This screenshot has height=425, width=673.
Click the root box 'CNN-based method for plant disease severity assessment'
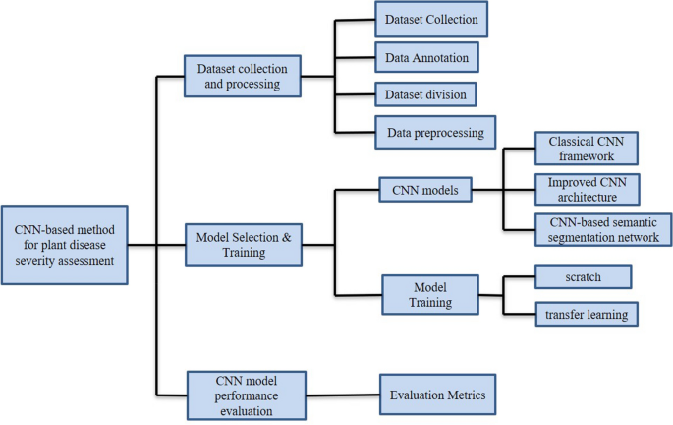click(65, 245)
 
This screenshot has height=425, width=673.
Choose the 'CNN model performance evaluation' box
click(247, 393)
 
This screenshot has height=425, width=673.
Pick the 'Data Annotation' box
click(428, 58)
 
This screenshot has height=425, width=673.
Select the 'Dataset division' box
click(426, 94)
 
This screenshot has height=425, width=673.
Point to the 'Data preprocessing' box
click(435, 131)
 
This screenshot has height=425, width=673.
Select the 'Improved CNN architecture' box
click(586, 190)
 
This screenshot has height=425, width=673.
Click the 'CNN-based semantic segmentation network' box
click(603, 229)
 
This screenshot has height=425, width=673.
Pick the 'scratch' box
click(583, 276)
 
